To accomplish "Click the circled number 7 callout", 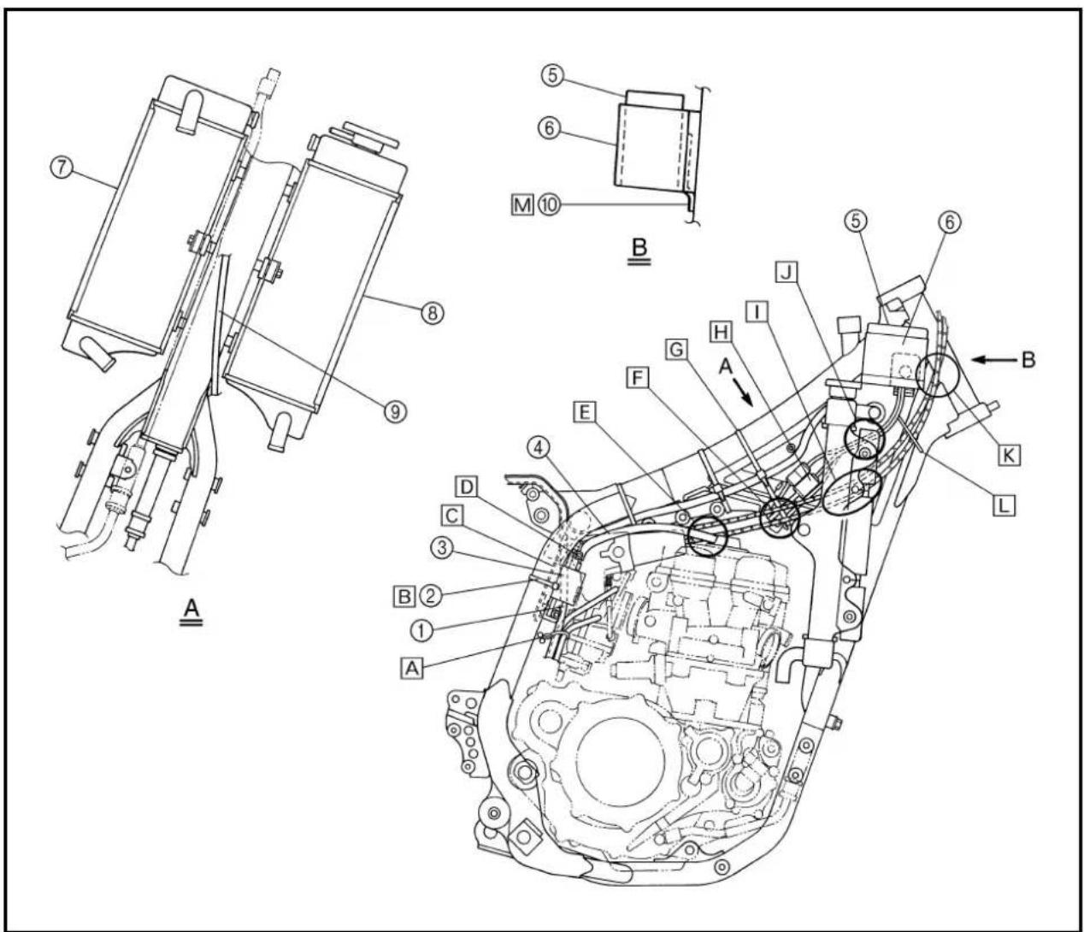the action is pyautogui.click(x=61, y=168).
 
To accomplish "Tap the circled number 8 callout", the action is pyautogui.click(x=432, y=313).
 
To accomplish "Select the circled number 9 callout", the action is pyautogui.click(x=395, y=412).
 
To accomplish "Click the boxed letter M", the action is pyautogui.click(x=522, y=204).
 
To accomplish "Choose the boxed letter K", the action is pyautogui.click(x=1009, y=455).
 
